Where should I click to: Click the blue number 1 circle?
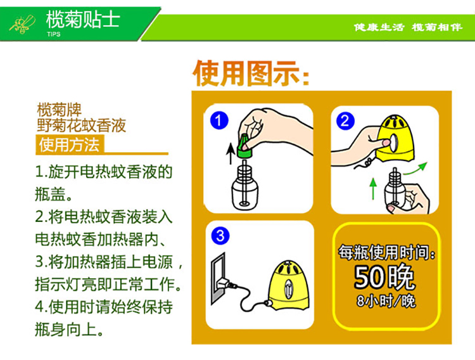click(x=219, y=120)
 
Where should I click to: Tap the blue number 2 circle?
click(x=345, y=120)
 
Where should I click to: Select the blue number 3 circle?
click(x=220, y=236)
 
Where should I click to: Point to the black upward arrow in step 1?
click(x=231, y=154)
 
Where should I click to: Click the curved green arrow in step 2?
click(x=415, y=169)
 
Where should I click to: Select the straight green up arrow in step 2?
click(x=373, y=188)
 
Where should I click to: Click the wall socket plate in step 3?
click(x=218, y=278)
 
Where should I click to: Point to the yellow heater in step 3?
click(x=289, y=285)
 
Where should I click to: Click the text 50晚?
click(x=384, y=276)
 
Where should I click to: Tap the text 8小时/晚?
click(x=386, y=301)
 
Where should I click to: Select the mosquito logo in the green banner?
click(x=22, y=23)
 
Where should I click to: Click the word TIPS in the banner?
click(x=54, y=34)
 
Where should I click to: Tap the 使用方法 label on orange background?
click(x=69, y=145)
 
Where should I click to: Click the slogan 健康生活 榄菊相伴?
click(x=408, y=27)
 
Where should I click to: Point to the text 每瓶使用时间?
click(x=387, y=252)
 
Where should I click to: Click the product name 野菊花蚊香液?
click(x=81, y=125)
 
